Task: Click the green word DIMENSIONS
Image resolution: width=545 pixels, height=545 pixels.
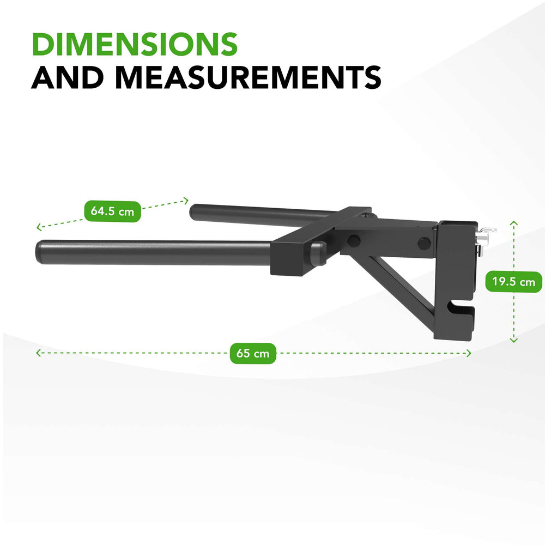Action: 135,44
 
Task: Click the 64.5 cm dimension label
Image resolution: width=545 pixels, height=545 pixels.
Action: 112,211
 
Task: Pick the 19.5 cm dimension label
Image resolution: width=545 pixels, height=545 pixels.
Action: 513,282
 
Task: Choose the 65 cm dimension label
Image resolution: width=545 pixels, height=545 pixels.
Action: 253,353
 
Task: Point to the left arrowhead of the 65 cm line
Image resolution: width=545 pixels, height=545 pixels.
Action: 38,353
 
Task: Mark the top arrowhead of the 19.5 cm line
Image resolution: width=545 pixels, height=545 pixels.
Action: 513,222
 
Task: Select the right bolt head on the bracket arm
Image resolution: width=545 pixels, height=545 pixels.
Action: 423,241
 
